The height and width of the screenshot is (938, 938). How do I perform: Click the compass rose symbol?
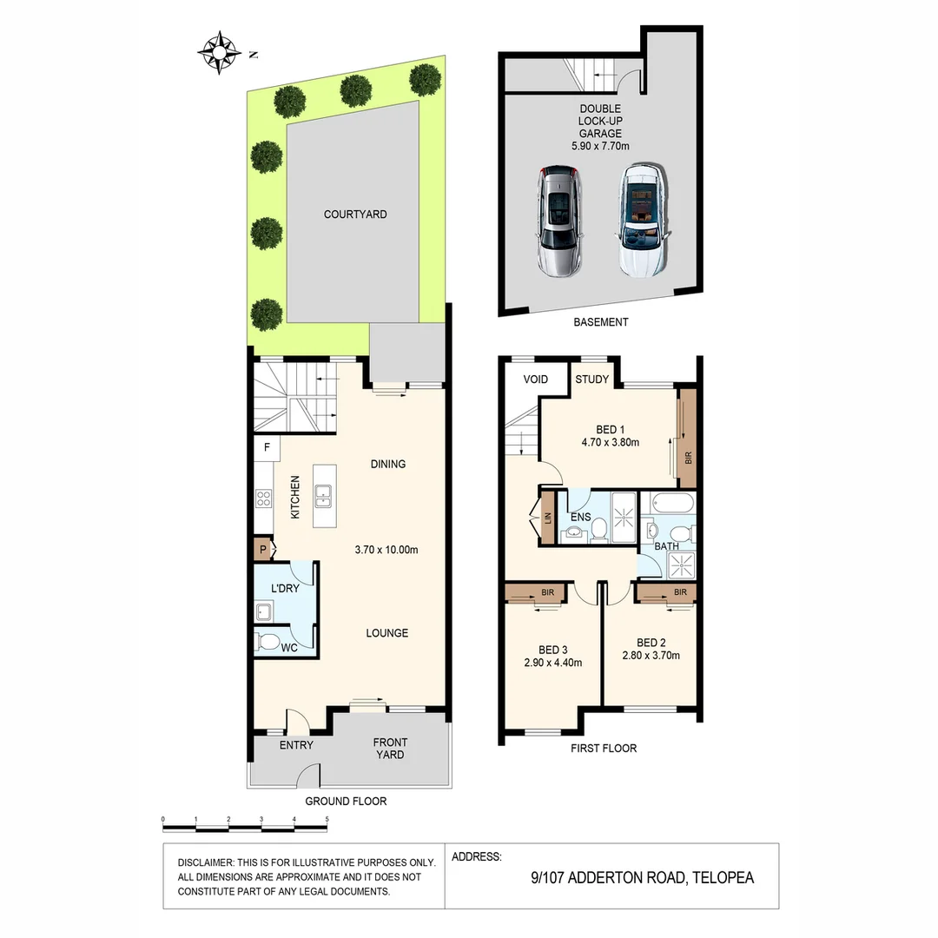click(x=220, y=52)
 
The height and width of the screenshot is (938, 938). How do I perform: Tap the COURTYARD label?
click(x=355, y=215)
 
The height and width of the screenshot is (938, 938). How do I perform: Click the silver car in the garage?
click(x=558, y=221)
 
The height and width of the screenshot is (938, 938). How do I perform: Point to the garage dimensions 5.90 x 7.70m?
click(x=600, y=147)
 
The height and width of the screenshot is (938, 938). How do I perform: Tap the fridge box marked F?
click(x=267, y=448)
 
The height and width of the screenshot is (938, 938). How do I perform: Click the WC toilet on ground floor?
click(x=268, y=644)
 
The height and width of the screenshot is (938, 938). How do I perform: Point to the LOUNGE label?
click(x=386, y=633)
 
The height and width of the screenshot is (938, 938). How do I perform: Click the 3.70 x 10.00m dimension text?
click(x=386, y=550)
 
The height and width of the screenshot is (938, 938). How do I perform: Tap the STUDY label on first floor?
click(x=591, y=380)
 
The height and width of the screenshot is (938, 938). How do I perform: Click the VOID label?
click(x=536, y=380)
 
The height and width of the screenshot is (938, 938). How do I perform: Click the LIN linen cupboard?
click(x=547, y=519)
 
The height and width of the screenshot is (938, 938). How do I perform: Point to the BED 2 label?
click(x=651, y=644)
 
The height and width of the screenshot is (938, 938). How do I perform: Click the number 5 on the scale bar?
click(x=327, y=819)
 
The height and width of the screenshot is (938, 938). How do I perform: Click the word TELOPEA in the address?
click(x=723, y=877)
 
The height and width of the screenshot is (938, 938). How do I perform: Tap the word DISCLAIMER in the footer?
click(x=205, y=862)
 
